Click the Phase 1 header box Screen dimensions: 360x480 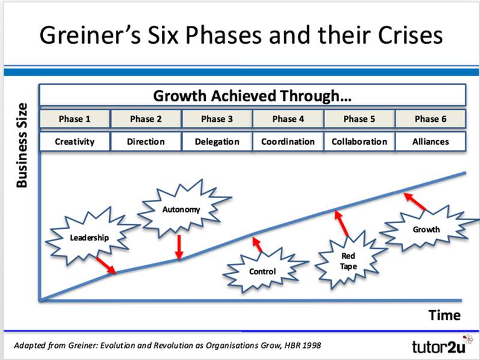[75, 119]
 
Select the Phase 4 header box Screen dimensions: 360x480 [288, 119]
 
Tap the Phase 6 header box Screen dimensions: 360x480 [430, 119]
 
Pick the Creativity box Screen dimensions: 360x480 [75, 142]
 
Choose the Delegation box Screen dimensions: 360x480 [217, 142]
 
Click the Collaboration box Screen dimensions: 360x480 [359, 142]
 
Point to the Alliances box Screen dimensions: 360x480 [430, 142]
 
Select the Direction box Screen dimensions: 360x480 [146, 142]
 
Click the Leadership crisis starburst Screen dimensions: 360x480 [89, 236]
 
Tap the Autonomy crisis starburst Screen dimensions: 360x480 [181, 210]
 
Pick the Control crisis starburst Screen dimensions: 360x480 [262, 271]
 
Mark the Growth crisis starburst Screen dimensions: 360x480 [425, 229]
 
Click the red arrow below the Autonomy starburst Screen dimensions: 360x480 [179, 247]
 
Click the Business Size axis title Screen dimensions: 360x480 [22, 145]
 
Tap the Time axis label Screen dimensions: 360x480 [444, 315]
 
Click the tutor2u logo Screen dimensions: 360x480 [437, 346]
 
